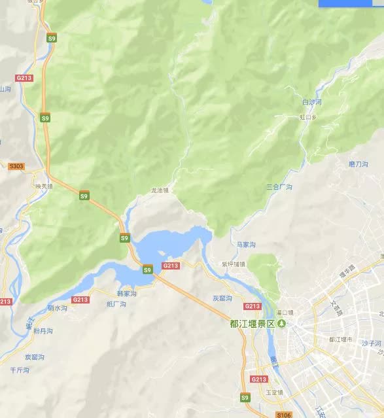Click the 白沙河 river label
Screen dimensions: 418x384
click(x=311, y=103)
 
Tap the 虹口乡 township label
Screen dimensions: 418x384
click(x=307, y=118)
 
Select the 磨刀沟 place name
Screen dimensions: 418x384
click(x=359, y=164)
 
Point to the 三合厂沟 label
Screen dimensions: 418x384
click(x=279, y=187)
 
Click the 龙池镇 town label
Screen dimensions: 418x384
click(x=160, y=190)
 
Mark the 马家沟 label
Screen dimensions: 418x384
click(x=246, y=244)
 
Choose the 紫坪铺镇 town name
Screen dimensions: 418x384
click(x=233, y=264)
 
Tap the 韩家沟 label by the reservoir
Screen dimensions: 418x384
click(x=126, y=294)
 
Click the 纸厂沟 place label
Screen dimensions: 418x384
click(x=116, y=304)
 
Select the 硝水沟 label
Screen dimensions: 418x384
click(x=58, y=307)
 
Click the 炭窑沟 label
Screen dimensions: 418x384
click(x=34, y=357)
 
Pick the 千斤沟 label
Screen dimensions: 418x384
click(x=20, y=370)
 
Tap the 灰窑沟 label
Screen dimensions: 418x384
click(x=223, y=298)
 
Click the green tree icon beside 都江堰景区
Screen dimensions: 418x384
click(x=282, y=323)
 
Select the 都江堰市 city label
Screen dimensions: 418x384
click(x=341, y=340)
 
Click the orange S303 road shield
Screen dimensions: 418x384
click(x=16, y=166)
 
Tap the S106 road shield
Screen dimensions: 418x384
click(x=283, y=415)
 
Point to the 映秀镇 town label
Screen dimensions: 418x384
click(x=44, y=186)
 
